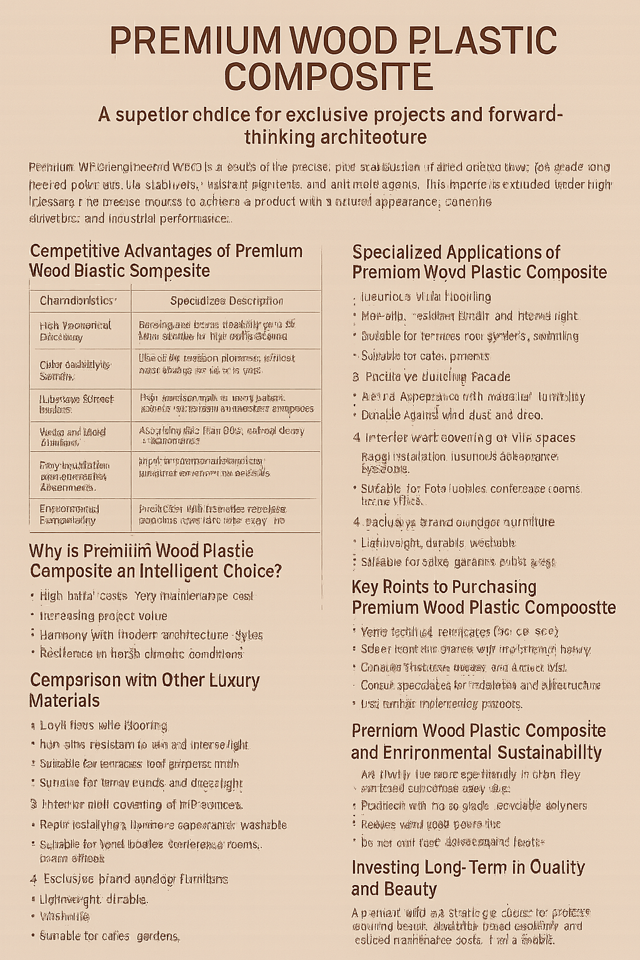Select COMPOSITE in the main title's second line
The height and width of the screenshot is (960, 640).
327,77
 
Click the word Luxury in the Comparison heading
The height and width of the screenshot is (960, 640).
229,680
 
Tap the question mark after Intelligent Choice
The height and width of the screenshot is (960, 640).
277,571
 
